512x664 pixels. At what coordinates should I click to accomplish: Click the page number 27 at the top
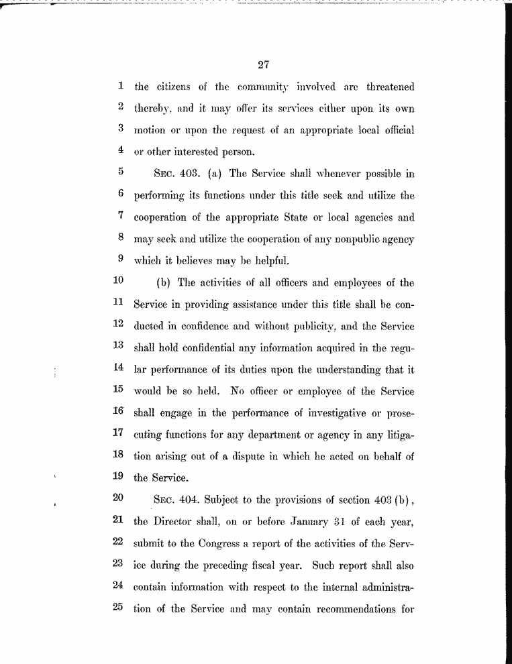263,65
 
